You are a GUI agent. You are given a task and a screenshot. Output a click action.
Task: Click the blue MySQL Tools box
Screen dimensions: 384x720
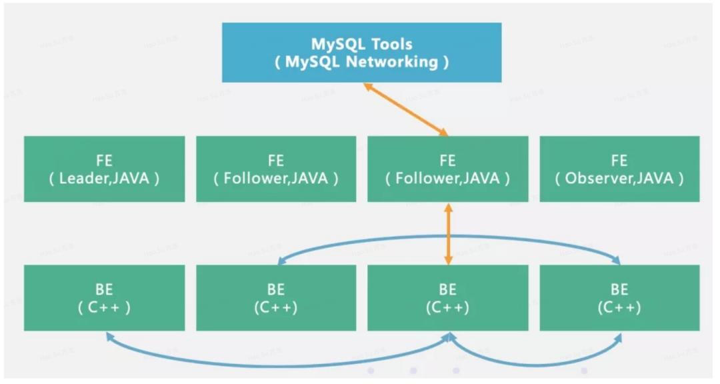(x=361, y=53)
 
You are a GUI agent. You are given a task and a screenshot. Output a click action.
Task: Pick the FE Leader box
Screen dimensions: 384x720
(x=105, y=169)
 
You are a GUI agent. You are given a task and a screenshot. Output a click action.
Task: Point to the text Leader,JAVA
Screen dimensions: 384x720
(x=109, y=179)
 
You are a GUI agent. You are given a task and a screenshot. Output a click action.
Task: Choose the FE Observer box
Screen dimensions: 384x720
(x=619, y=169)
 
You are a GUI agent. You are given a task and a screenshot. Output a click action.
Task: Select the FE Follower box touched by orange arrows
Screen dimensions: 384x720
(x=447, y=169)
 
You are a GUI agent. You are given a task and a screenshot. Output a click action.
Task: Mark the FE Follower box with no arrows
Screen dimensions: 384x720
(x=275, y=169)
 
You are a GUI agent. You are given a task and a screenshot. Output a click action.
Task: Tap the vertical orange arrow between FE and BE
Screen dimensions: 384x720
(x=448, y=233)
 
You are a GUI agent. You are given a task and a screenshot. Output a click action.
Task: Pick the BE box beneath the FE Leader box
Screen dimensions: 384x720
(x=105, y=297)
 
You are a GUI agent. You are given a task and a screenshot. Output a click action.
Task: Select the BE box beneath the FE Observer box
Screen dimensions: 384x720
(x=619, y=297)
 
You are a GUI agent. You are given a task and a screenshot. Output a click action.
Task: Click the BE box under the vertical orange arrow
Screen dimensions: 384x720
(x=447, y=297)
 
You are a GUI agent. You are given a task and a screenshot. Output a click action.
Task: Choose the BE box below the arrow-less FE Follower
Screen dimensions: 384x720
(x=275, y=297)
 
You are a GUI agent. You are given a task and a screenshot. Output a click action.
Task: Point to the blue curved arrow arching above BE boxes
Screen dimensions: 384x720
(x=448, y=237)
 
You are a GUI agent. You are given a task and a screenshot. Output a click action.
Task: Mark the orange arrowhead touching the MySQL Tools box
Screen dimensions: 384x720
(x=367, y=87)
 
